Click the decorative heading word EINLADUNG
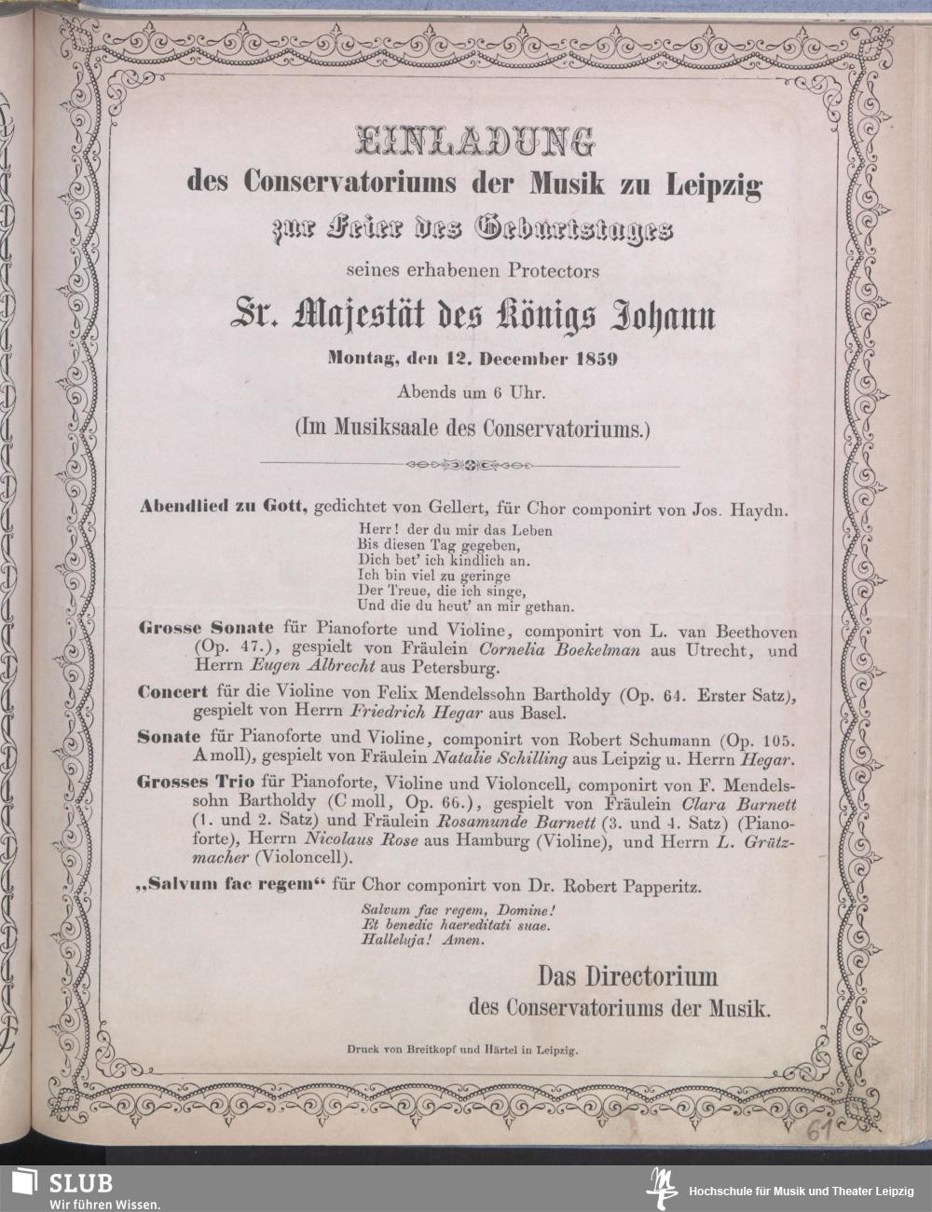[474, 142]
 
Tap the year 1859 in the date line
[593, 361]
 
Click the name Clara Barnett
[740, 802]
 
